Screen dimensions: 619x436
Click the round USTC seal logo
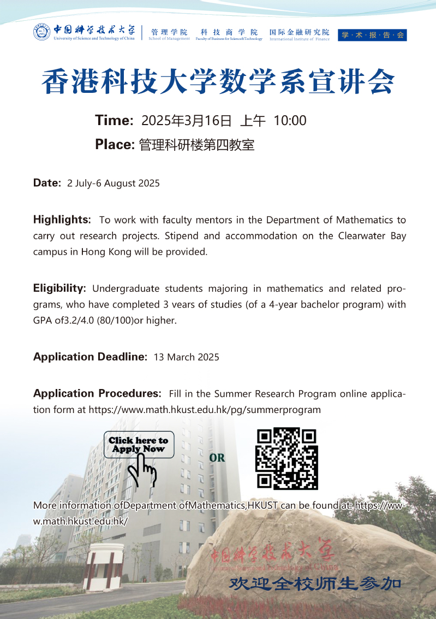41,33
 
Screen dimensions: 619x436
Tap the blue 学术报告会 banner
372,35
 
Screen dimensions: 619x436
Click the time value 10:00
290,121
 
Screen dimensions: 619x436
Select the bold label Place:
115,145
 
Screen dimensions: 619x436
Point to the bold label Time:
114,121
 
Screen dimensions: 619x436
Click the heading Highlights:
62,220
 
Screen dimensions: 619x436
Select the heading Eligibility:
59,288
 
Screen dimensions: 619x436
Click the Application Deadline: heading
90,357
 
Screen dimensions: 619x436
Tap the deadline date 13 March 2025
187,357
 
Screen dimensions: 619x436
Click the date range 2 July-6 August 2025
114,184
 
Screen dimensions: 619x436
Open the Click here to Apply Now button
139,444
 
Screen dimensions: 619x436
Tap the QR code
287,458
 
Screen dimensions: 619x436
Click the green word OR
217,458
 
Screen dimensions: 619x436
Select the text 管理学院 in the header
169,32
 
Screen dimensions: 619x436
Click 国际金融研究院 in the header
300,32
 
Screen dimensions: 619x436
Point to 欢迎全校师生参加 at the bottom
315,583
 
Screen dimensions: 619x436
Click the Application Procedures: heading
97,393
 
